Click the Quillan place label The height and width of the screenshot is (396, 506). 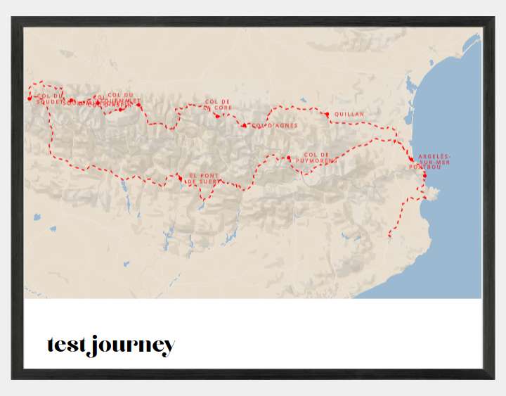(349, 114)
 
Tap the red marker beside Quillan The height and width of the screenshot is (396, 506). (327, 114)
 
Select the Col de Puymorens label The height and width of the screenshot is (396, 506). (316, 158)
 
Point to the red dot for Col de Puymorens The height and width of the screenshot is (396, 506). (289, 158)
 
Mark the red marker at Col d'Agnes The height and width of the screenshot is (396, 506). (244, 125)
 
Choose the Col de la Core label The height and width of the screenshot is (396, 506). (218, 104)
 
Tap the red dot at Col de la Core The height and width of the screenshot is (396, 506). (217, 116)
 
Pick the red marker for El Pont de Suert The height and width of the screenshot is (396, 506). (181, 179)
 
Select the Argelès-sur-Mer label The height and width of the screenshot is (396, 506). (435, 159)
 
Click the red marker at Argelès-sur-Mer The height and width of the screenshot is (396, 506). (412, 160)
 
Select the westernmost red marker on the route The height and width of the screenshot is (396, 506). (29, 98)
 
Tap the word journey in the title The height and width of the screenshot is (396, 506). (132, 346)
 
